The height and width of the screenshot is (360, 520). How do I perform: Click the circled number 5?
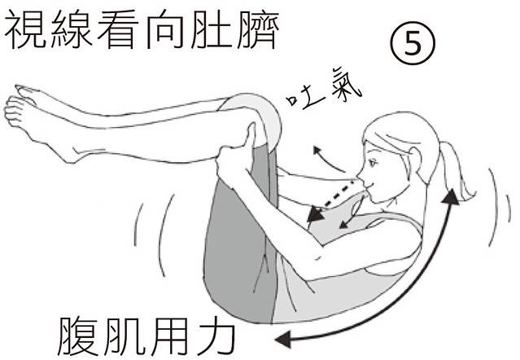tap(413, 43)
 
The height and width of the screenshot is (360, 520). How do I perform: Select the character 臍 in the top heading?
tap(258, 29)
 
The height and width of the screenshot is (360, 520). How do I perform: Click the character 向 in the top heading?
tap(165, 29)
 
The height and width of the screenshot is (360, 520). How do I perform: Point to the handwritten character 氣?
tap(345, 86)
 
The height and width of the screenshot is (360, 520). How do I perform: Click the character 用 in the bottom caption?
tap(170, 336)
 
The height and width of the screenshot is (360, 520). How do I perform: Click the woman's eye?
tap(373, 163)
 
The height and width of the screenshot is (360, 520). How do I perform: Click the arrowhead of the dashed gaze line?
tap(315, 215)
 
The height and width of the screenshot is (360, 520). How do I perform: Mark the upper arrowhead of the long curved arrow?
tap(451, 196)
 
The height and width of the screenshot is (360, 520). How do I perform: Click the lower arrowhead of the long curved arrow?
tap(284, 339)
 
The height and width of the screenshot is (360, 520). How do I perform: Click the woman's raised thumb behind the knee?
tap(250, 134)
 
